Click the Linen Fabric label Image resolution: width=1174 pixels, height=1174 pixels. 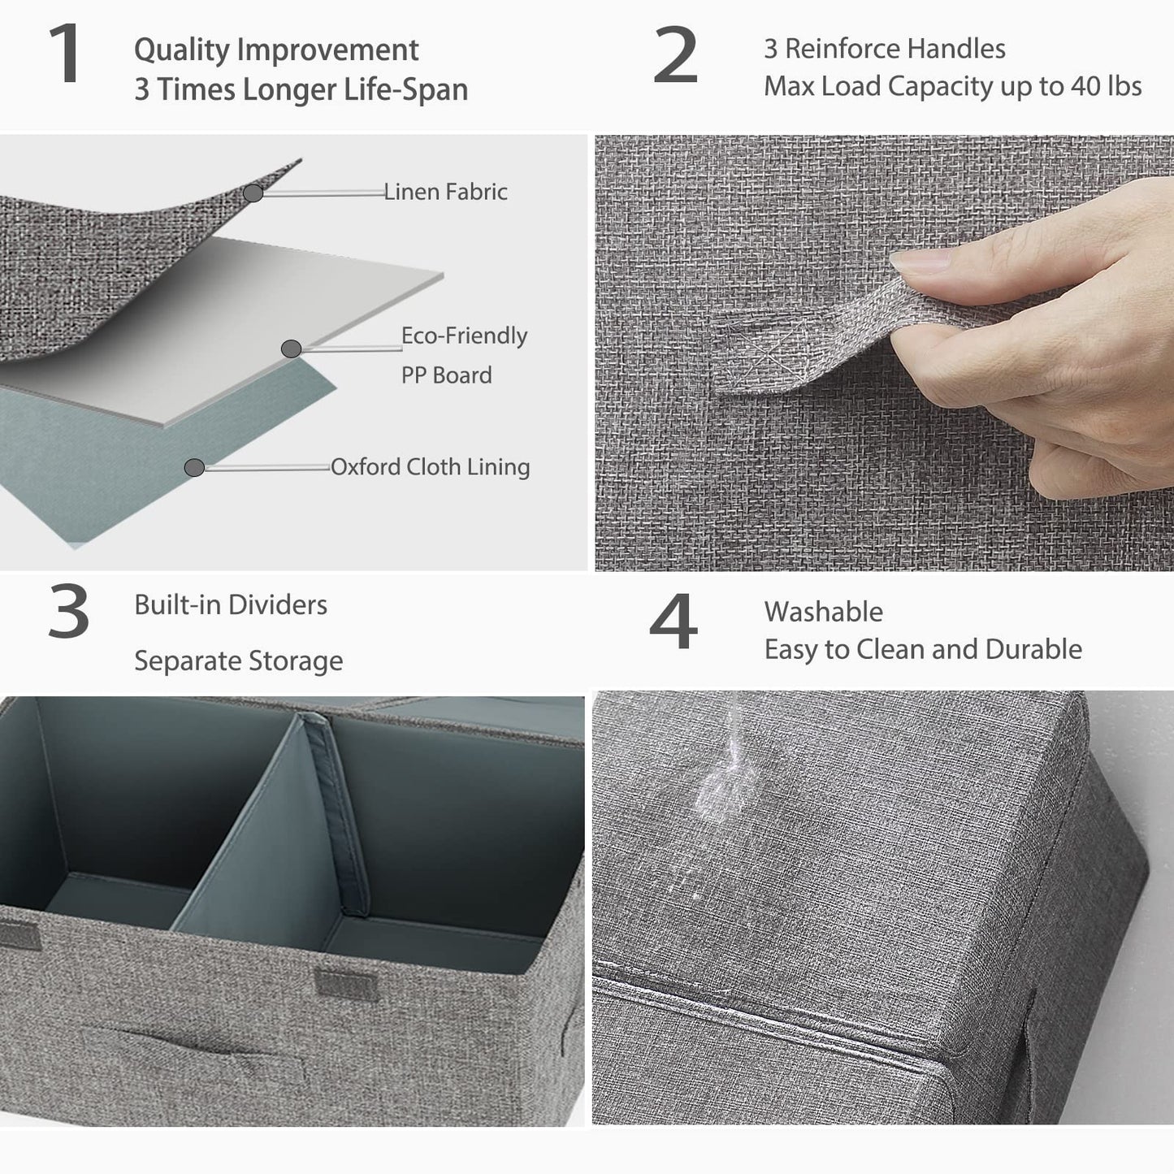click(x=445, y=192)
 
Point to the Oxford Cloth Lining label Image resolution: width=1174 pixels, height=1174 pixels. click(x=430, y=467)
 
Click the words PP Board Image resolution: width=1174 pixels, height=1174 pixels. click(x=446, y=375)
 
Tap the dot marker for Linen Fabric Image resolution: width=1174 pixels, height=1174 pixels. click(x=253, y=193)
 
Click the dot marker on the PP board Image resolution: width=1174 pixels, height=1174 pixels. click(x=291, y=349)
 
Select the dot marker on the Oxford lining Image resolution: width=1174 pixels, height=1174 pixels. click(x=194, y=468)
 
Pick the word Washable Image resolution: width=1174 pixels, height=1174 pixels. click(x=823, y=612)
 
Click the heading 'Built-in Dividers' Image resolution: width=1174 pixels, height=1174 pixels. click(x=231, y=604)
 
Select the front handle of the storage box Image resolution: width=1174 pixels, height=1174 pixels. click(x=195, y=1053)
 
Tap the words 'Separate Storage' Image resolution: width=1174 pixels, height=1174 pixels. click(x=238, y=661)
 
